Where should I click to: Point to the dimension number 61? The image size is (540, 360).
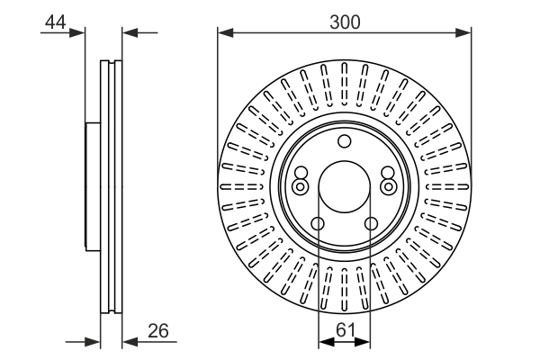(345, 329)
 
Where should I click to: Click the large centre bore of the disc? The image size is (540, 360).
(344, 185)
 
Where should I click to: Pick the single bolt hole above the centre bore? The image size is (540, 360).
(344, 141)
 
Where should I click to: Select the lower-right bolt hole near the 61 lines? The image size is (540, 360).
(370, 224)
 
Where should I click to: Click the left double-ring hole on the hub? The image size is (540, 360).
(300, 186)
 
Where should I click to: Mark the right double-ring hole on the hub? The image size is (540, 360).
(388, 186)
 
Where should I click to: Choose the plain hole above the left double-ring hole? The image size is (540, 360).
(301, 174)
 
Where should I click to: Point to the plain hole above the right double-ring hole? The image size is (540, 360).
(387, 174)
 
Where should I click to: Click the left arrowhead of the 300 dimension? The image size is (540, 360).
(223, 34)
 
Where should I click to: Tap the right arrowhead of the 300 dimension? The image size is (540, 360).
(465, 34)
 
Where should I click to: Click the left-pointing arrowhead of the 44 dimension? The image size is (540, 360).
(128, 34)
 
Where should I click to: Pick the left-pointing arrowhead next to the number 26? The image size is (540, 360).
(128, 341)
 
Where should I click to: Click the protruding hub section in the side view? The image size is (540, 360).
(91, 186)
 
